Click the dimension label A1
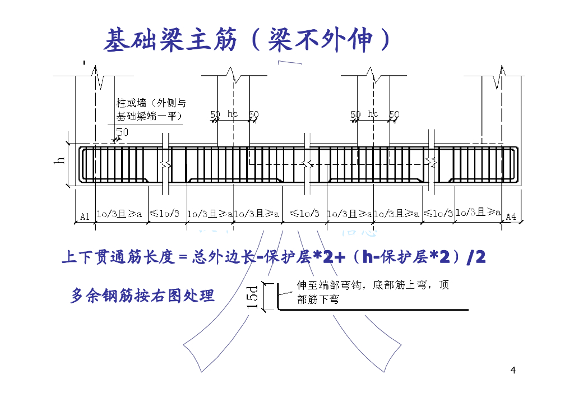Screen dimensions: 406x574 [85, 216]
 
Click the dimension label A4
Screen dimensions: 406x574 [510, 216]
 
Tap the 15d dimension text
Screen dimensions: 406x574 [253, 297]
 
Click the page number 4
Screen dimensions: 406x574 [513, 370]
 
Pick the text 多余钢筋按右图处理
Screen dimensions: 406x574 [143, 295]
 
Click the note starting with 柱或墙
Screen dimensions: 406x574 [151, 109]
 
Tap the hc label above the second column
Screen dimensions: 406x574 [233, 114]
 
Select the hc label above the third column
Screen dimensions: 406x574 [373, 114]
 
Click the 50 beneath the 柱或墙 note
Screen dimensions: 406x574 [122, 132]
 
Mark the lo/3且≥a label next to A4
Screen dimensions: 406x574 [478, 212]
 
